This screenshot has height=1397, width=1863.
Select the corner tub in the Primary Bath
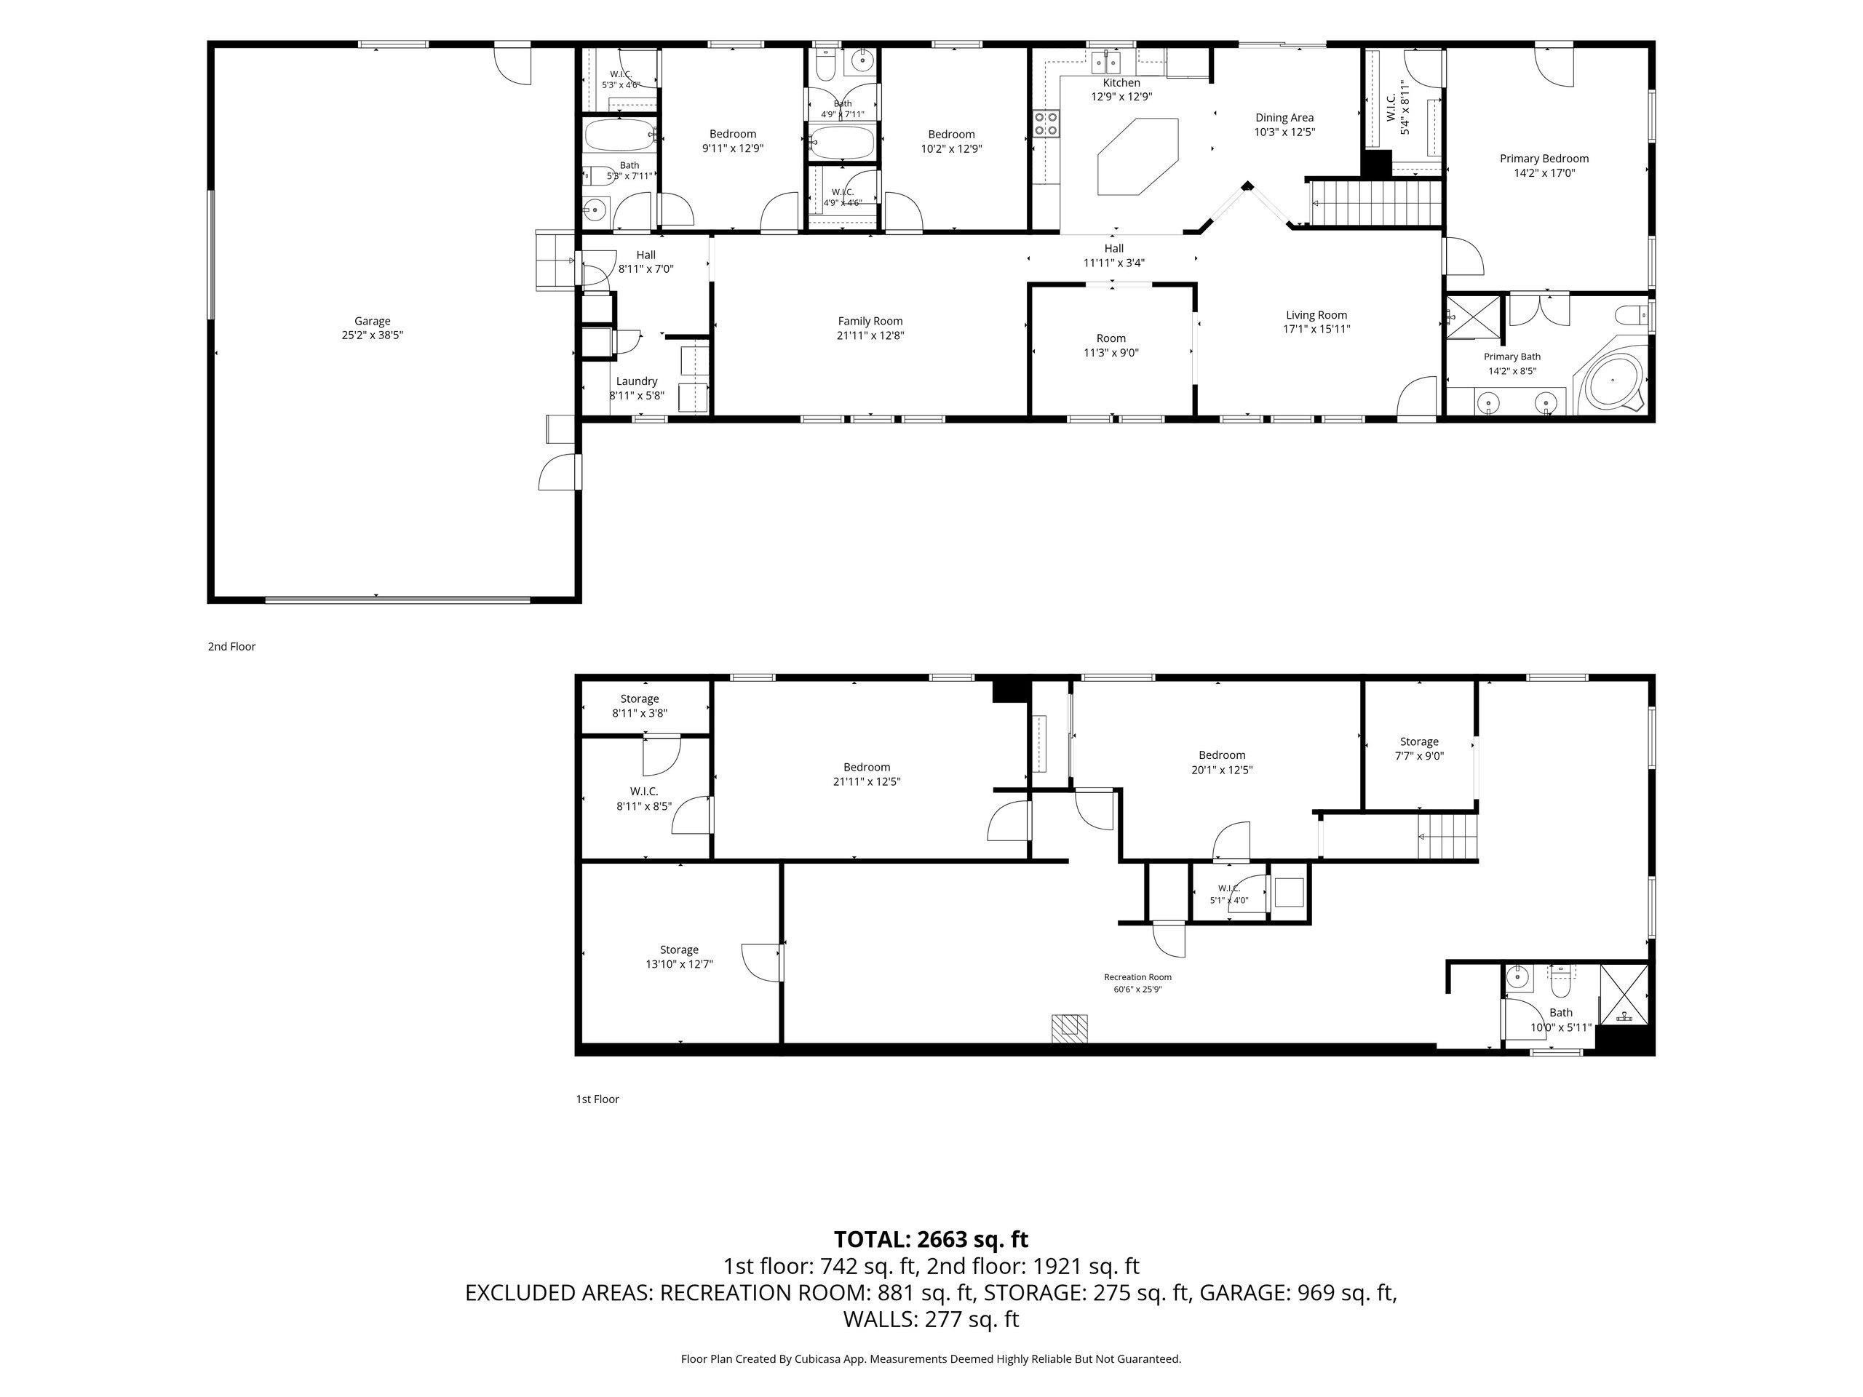[x=1612, y=383]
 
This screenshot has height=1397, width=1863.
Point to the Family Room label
[x=870, y=321]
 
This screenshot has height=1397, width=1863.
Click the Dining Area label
[x=1284, y=118]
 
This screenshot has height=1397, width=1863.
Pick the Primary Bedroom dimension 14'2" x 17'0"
[x=1544, y=173]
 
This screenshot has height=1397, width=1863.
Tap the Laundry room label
[x=637, y=381]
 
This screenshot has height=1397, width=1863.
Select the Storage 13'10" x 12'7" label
[x=679, y=958]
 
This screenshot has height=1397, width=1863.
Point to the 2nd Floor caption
[x=231, y=647]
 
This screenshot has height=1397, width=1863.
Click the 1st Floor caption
[x=597, y=1099]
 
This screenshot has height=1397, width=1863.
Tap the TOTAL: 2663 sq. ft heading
[x=931, y=1240]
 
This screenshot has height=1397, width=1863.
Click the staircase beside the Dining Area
[x=1375, y=204]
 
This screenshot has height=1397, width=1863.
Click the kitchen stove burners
[x=1046, y=123]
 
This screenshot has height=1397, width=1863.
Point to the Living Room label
[x=1316, y=315]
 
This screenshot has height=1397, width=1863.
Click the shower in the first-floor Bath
[x=1624, y=995]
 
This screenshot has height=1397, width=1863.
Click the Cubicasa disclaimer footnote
[x=931, y=1358]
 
